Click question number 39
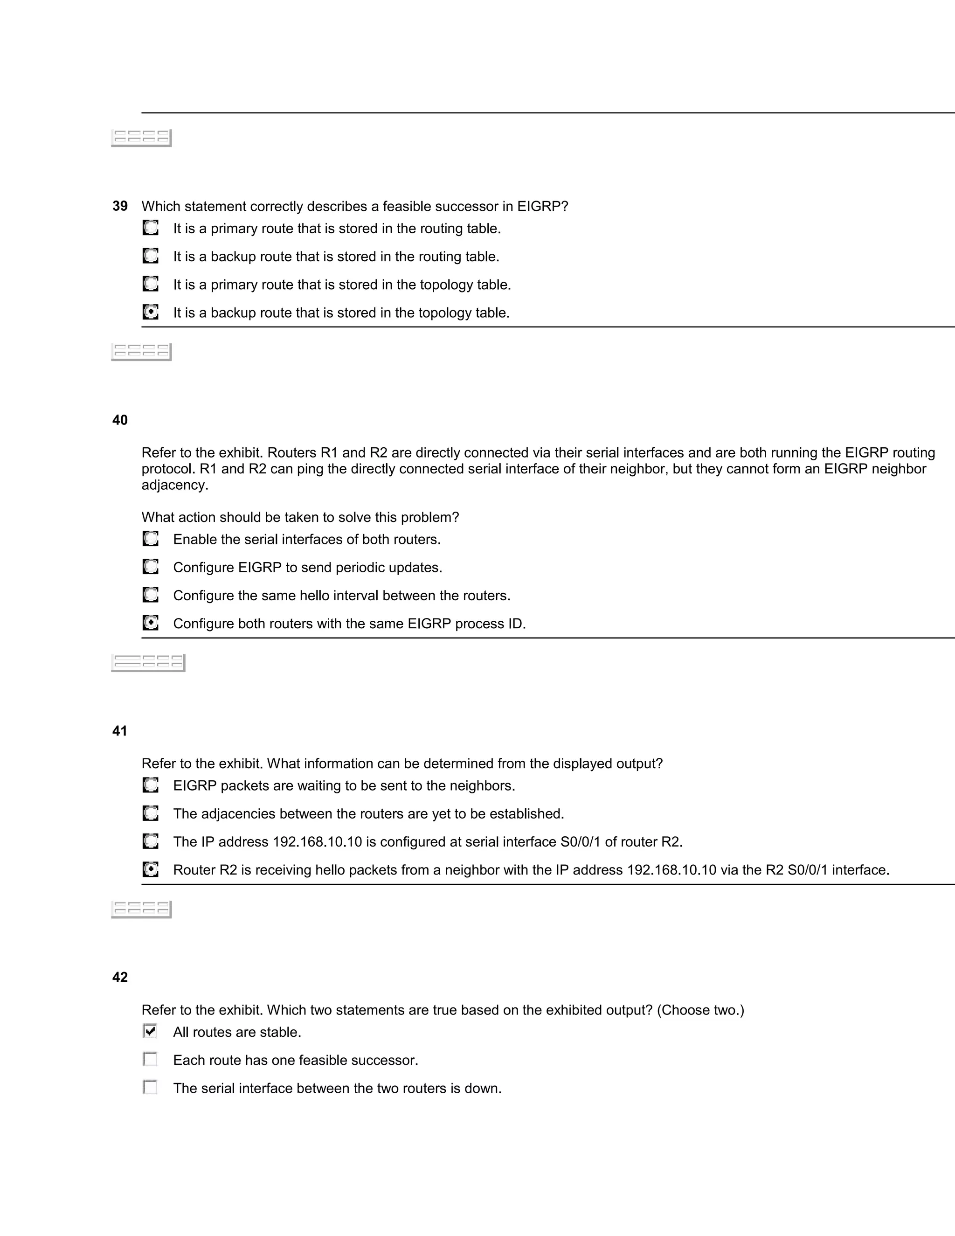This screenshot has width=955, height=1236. pos(120,206)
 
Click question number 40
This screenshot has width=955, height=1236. pos(120,420)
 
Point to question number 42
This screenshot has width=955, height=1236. pos(120,977)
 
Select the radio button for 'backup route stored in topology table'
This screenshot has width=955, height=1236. pos(151,312)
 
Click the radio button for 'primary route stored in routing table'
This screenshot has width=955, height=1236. pos(151,228)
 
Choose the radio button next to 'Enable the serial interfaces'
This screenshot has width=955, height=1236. pos(151,539)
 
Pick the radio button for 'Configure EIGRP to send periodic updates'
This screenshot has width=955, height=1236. pos(151,567)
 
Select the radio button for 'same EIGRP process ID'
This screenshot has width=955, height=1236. pos(151,623)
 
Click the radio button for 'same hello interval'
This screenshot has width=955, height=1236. pos(151,595)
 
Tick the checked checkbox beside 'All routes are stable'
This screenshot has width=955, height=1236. pos(150,1031)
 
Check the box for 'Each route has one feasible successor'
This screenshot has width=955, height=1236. pos(150,1059)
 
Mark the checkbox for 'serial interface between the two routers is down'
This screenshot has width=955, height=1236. pos(150,1087)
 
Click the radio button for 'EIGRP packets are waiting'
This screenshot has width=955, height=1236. pos(151,785)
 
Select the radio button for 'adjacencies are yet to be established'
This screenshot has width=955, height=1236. pos(151,813)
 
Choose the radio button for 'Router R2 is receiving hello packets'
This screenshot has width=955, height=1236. pos(151,869)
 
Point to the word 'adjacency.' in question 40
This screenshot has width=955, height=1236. pos(175,485)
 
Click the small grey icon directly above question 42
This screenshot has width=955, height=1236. pos(141,909)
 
